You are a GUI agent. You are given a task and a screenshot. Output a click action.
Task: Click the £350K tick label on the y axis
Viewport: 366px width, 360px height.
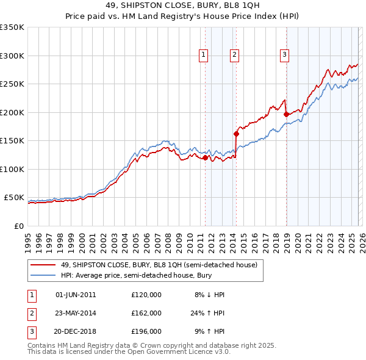(x=12, y=27)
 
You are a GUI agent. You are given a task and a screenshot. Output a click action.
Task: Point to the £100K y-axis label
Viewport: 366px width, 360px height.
(x=12, y=169)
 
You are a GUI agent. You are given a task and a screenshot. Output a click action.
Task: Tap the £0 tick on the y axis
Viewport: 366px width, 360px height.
(x=19, y=226)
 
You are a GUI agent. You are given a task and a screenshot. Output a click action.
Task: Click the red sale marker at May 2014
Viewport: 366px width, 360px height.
(x=236, y=134)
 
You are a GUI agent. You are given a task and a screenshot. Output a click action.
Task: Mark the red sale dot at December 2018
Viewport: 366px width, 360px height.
(x=286, y=114)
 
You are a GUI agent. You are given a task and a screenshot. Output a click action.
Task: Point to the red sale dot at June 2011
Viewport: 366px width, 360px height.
(x=205, y=157)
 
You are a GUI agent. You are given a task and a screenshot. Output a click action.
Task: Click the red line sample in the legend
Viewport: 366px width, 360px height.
(x=43, y=265)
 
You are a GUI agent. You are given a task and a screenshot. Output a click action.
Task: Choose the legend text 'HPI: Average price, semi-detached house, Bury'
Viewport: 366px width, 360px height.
(x=135, y=276)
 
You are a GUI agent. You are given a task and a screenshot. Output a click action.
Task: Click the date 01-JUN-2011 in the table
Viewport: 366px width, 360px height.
(x=76, y=295)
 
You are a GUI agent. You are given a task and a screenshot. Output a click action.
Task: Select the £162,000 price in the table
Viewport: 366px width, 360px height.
(x=146, y=313)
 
